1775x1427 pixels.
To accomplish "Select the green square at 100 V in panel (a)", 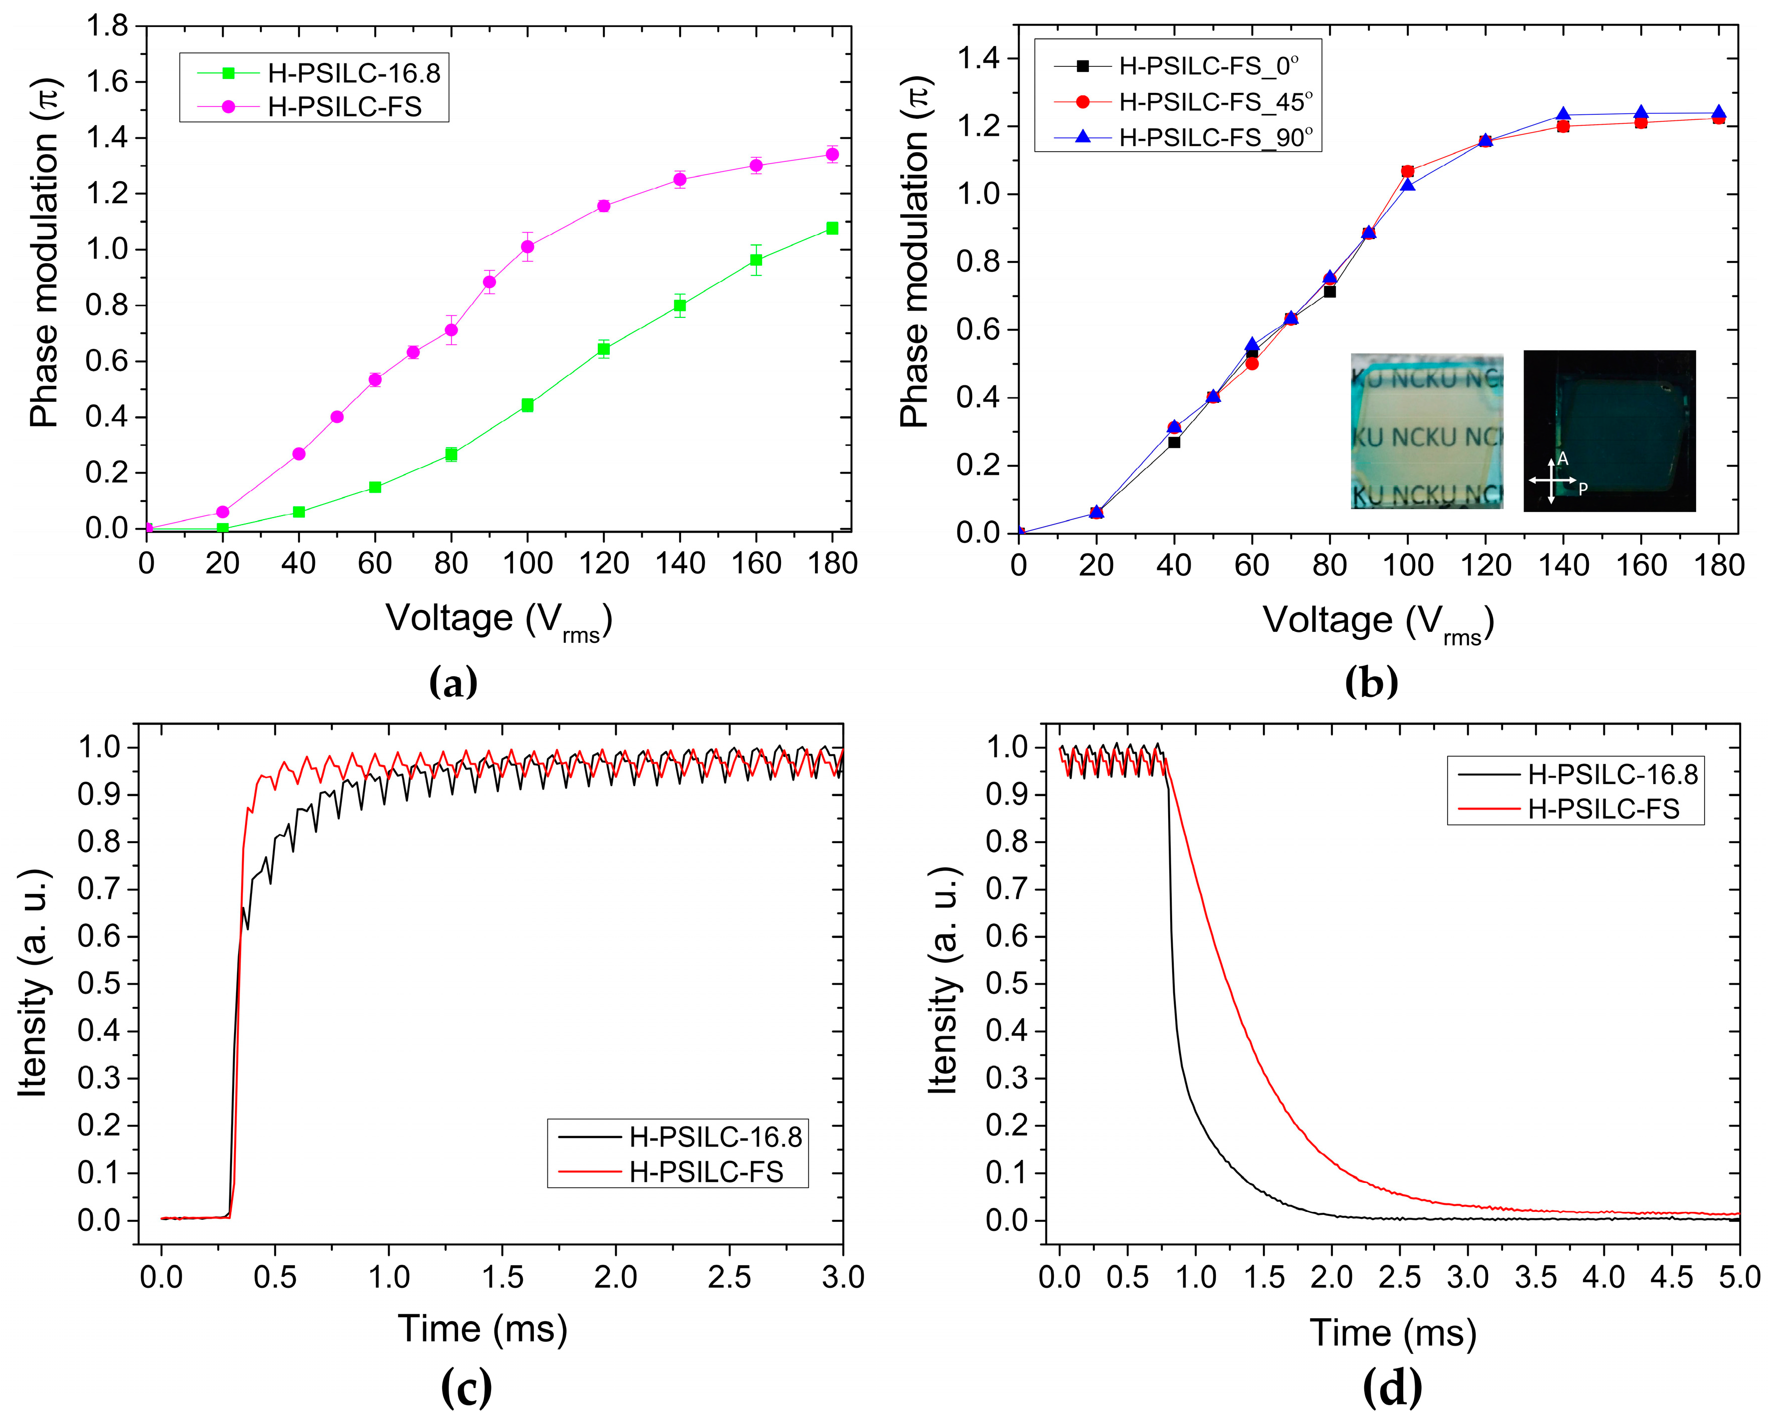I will pyautogui.click(x=527, y=405).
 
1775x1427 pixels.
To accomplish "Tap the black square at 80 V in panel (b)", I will pyautogui.click(x=1329, y=291).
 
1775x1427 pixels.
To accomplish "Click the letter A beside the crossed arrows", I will pyautogui.click(x=1562, y=460).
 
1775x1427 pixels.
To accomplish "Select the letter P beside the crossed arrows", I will pyautogui.click(x=1582, y=489).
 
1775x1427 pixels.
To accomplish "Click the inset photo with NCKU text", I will pyautogui.click(x=1427, y=431).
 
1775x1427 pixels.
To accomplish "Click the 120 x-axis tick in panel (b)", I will pyautogui.click(x=1485, y=566).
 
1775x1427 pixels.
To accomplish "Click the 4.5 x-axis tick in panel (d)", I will pyautogui.click(x=1671, y=1277).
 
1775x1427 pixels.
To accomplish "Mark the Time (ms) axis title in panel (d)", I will pyautogui.click(x=1393, y=1332).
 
